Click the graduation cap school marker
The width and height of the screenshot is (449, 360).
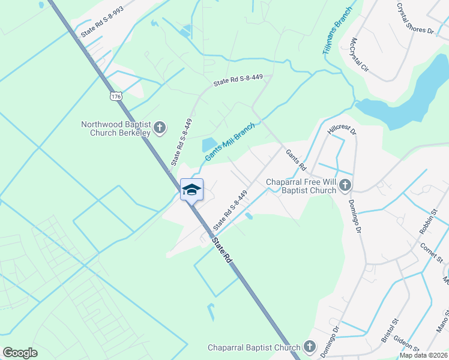[x=191, y=190]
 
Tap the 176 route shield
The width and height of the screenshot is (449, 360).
[x=116, y=96]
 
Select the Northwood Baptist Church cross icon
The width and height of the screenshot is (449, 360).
[x=160, y=128]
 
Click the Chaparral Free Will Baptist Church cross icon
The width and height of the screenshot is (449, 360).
[x=345, y=185]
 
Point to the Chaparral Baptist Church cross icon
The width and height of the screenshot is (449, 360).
[x=309, y=347]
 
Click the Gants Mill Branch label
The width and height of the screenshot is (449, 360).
[x=230, y=142]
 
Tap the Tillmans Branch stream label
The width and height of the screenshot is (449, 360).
[x=336, y=35]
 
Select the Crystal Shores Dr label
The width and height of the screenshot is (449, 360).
[x=415, y=18]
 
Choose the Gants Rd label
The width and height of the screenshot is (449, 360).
[x=296, y=160]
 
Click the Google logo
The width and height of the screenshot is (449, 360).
[x=20, y=353]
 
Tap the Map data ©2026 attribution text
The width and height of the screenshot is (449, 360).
[x=423, y=355]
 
